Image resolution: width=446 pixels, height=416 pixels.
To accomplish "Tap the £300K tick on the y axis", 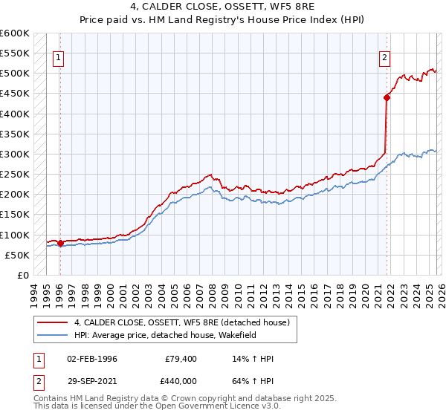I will [x=15, y=155].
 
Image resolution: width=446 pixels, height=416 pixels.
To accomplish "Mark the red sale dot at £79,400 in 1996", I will [x=60, y=243].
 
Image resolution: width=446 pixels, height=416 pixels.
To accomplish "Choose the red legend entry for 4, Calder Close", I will [x=186, y=322].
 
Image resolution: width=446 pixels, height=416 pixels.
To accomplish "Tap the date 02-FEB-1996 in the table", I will [x=91, y=359].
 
